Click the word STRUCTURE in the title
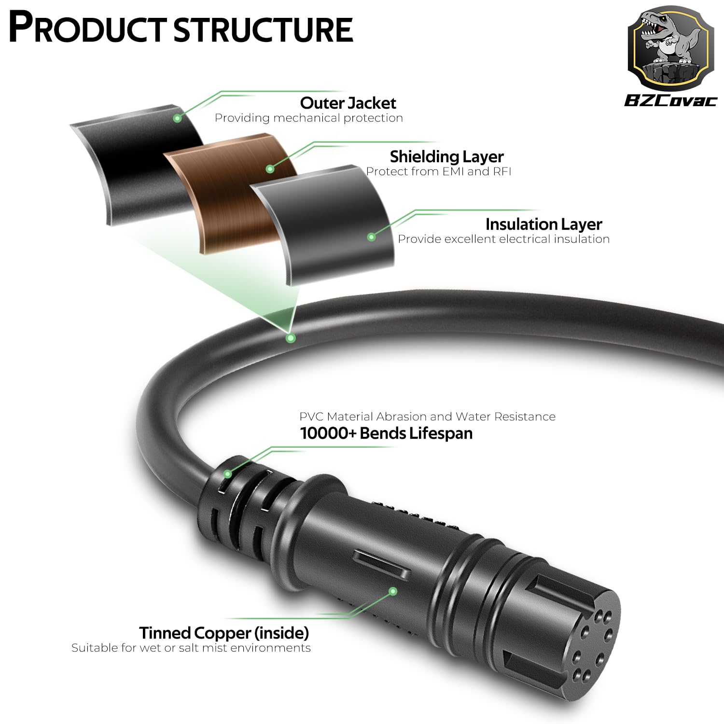263,29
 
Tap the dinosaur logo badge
670,48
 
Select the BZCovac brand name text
670,100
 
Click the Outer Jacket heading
348,103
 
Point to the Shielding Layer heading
446,157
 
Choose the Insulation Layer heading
543,224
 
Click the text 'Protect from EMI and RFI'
438,171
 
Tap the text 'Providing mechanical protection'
308,118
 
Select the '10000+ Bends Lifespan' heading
386,433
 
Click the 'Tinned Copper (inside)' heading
224,633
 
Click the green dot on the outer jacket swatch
178,118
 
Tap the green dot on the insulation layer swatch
371,237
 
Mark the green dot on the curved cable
291,338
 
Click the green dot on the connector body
393,591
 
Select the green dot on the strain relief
227,474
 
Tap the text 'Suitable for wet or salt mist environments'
191,648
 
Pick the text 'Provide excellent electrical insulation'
503,239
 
